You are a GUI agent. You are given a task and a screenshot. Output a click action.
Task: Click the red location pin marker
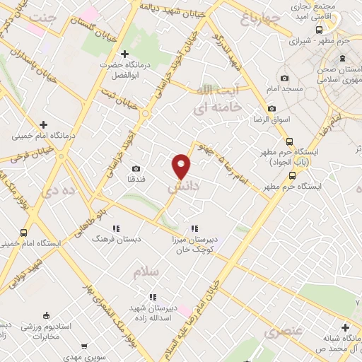click(x=182, y=165)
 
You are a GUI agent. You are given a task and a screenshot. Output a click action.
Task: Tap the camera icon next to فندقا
click(x=136, y=169)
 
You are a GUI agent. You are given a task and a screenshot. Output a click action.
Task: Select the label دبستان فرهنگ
click(x=116, y=239)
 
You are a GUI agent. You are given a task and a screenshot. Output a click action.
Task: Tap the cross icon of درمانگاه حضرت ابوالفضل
click(x=125, y=54)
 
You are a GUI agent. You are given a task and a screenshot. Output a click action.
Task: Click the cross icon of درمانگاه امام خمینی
click(x=44, y=124)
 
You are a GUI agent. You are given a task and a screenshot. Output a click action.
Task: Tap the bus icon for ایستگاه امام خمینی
click(x=25, y=233)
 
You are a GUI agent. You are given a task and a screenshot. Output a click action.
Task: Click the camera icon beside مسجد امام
click(x=284, y=78)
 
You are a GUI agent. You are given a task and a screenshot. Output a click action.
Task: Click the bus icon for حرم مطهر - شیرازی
click(x=319, y=30)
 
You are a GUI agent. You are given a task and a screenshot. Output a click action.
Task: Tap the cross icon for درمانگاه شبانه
click(x=344, y=327)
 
